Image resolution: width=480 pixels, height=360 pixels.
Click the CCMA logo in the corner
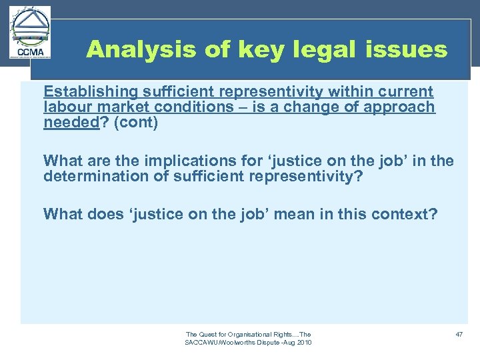(x=30, y=33)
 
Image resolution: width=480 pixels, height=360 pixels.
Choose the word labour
(x=65, y=107)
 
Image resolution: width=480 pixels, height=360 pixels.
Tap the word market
(x=117, y=107)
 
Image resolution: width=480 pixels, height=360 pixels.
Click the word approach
(x=404, y=107)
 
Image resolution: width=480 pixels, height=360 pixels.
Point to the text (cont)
(x=136, y=122)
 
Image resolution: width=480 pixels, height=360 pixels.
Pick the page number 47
(x=459, y=334)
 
